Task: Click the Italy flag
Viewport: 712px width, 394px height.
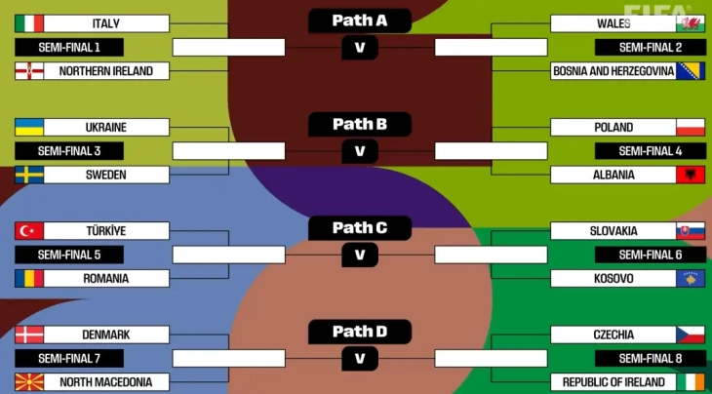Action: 29,23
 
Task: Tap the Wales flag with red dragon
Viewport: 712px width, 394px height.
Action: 690,23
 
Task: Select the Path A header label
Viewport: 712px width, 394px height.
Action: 359,20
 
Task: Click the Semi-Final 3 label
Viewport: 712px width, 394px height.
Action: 69,151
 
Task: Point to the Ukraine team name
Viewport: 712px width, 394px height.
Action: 105,128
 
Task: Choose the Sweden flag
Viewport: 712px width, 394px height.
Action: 29,176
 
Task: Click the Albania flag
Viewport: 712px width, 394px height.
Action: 690,176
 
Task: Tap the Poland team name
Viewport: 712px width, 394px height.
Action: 613,128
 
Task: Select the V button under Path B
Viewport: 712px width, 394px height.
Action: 359,151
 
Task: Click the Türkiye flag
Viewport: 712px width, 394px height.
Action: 29,231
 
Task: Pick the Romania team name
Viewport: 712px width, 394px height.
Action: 105,279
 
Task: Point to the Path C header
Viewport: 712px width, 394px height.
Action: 359,228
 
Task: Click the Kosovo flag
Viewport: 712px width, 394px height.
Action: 690,279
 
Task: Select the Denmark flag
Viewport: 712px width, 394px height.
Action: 29,335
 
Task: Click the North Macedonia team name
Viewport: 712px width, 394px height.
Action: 105,382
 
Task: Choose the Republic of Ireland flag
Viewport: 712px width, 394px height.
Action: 690,382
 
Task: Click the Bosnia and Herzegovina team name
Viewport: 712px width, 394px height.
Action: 613,71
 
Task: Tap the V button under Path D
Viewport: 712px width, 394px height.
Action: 359,358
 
